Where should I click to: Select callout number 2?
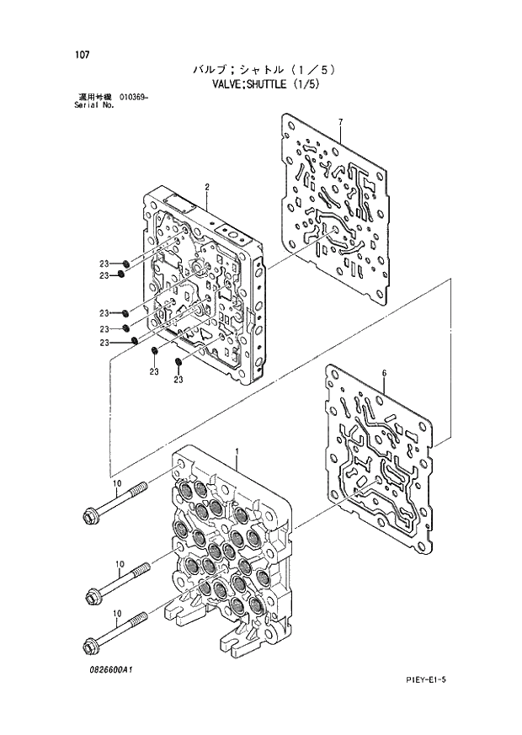pyautogui.click(x=206, y=186)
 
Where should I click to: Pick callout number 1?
pyautogui.click(x=238, y=453)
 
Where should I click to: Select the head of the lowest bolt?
pyautogui.click(x=89, y=647)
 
